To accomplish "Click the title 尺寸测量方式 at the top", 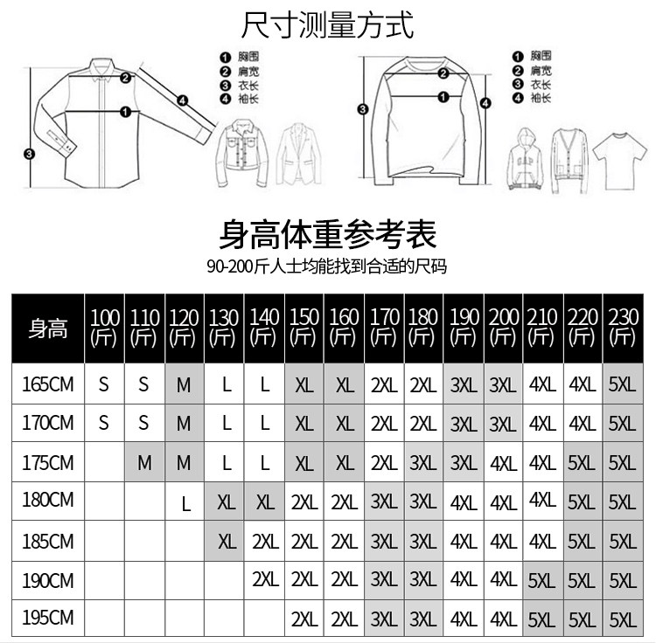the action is point(327,24).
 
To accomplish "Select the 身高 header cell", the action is point(47,328).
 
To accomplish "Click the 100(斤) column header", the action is point(104,328).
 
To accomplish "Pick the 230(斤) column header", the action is point(622,328).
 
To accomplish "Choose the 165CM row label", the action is point(47,384).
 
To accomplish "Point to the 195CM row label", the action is point(47,619).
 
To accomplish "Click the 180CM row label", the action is point(47,501).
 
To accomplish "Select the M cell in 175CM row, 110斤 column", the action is point(144,463).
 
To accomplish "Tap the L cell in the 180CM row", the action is point(185,503).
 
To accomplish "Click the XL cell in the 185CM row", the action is point(227,542).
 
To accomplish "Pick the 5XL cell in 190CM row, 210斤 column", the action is point(542,580).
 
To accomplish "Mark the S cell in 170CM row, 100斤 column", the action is point(104,424).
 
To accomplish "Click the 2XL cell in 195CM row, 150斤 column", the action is point(304,619).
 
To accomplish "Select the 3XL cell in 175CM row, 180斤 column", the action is point(422,463).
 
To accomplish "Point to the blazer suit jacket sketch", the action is point(300,157).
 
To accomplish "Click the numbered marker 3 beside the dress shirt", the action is point(29,155).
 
